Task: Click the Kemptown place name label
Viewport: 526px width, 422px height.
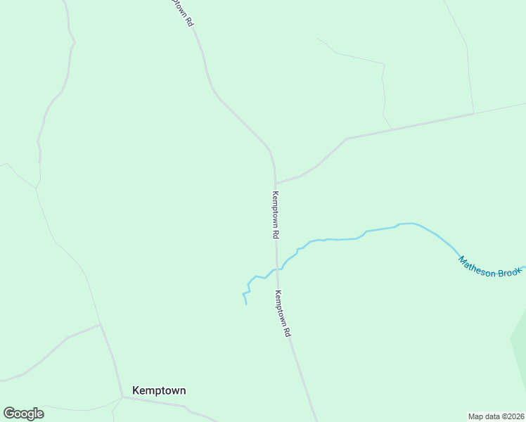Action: (159, 390)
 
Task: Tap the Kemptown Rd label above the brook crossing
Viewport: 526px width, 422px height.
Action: (276, 215)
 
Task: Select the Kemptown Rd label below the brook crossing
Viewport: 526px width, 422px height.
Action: (283, 314)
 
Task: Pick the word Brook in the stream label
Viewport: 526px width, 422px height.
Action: (508, 272)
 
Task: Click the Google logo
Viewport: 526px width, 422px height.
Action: (24, 413)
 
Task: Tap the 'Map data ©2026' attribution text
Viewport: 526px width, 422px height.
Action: (496, 416)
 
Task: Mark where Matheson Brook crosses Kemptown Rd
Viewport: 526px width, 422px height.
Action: (277, 269)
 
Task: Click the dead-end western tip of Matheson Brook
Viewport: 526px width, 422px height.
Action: (246, 304)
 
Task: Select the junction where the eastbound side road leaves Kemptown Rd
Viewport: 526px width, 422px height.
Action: (276, 183)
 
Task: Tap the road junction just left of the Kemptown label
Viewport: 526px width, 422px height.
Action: (122, 397)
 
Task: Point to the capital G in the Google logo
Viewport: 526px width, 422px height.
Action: (10, 413)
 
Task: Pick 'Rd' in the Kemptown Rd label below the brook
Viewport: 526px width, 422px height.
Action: (288, 331)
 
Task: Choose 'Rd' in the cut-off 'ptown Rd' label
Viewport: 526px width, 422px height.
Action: (189, 22)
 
